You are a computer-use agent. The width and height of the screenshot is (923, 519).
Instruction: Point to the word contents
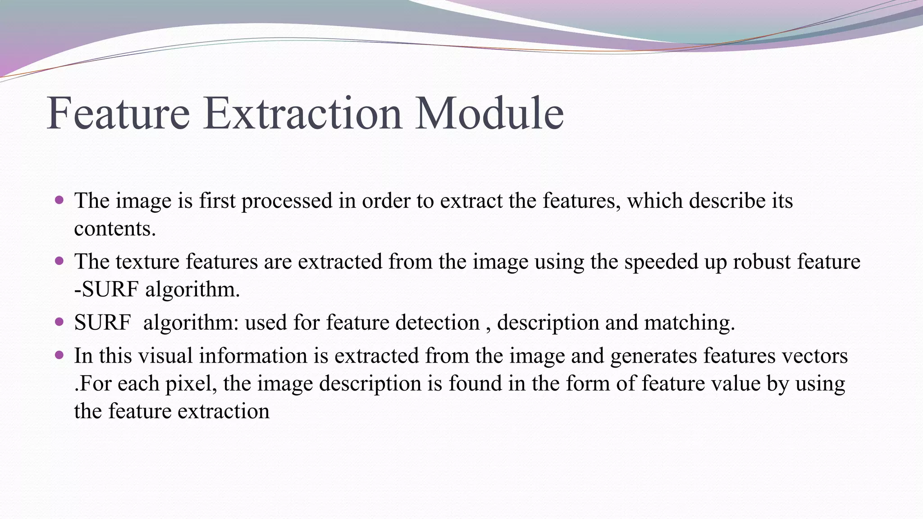115,228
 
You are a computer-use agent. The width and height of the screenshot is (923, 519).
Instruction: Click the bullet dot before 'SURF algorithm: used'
59,322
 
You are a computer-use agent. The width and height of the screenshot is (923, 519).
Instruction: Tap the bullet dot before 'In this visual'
59,355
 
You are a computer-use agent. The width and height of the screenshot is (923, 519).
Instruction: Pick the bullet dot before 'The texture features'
59,261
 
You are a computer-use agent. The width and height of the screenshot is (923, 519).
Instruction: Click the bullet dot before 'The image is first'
59,200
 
